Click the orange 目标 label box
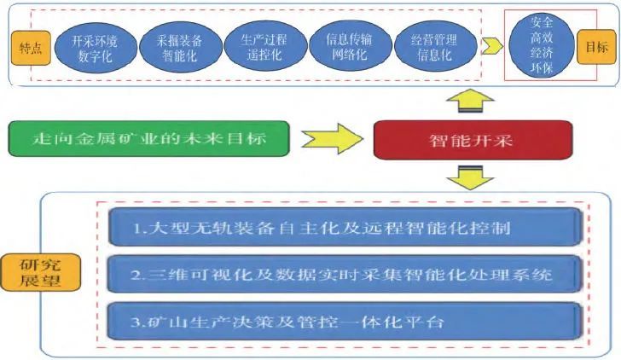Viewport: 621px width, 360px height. (x=597, y=48)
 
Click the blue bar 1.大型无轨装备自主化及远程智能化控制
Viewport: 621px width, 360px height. (x=345, y=229)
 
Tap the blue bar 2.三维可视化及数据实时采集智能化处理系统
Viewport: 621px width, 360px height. (x=345, y=275)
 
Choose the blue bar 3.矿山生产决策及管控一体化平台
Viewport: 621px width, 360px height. (x=345, y=323)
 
